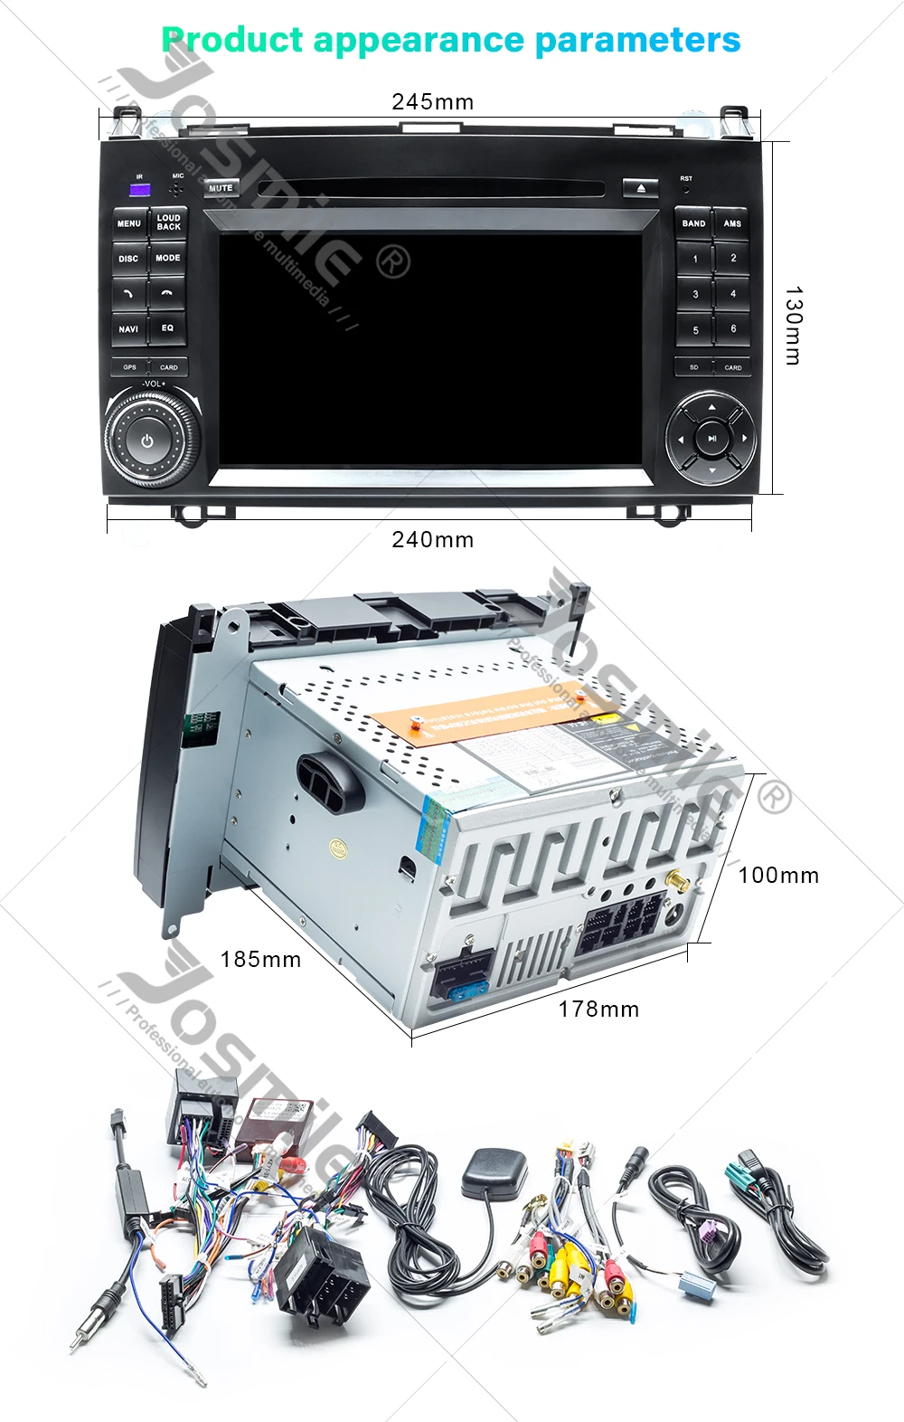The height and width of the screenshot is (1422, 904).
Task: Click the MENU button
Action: point(129,223)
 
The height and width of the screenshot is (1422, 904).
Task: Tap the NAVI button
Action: point(129,328)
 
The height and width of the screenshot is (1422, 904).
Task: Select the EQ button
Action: point(167,328)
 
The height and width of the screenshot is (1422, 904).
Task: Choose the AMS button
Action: point(732,223)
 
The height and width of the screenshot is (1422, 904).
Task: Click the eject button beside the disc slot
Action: point(641,188)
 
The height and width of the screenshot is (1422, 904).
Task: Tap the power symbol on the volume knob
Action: point(148,441)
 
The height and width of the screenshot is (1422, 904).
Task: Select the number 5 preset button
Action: point(695,330)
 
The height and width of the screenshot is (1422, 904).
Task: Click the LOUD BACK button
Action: point(168,223)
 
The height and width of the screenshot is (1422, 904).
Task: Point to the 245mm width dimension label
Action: point(432,102)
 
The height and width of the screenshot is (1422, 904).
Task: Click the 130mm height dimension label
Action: point(793,326)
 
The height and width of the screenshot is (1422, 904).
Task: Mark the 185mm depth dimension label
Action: point(260,960)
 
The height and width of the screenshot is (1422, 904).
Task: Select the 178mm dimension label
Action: point(598,1010)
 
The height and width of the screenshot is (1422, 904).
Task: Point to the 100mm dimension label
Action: point(778,876)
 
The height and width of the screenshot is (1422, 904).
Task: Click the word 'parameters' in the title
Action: point(637,41)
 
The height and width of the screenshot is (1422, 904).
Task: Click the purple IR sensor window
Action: point(140,190)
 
